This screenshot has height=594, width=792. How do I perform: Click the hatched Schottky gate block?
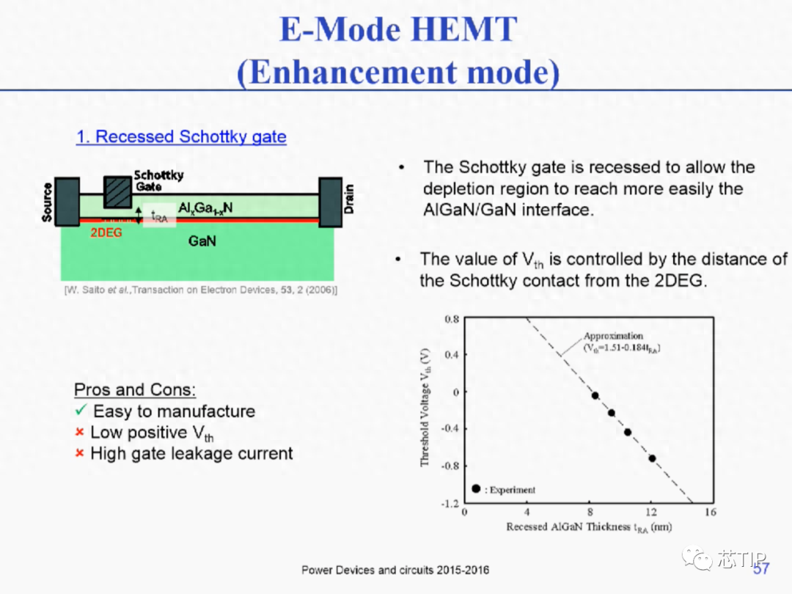[x=117, y=192]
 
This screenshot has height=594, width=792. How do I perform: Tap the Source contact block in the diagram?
[x=67, y=202]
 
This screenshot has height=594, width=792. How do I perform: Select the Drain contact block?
[x=330, y=202]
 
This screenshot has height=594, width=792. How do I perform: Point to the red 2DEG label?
[x=106, y=233]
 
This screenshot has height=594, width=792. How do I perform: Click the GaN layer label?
[x=202, y=241]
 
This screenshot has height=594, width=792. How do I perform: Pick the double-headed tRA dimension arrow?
[x=139, y=215]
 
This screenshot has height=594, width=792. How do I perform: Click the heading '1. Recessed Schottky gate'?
[x=181, y=136]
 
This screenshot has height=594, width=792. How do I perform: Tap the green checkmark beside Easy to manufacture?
[x=81, y=410]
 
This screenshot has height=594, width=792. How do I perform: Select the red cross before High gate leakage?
[x=79, y=453]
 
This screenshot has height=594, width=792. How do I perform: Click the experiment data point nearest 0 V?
[x=595, y=395]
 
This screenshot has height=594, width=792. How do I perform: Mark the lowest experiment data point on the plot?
[x=652, y=458]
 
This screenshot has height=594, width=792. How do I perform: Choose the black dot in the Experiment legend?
[x=476, y=488]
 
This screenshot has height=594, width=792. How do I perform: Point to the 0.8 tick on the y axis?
[x=452, y=319]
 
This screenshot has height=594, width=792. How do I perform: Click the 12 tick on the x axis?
[x=652, y=512]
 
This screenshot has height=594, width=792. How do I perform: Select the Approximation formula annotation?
[x=622, y=342]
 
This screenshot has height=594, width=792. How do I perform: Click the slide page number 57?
[x=761, y=569]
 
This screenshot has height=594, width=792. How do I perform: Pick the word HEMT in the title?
[x=463, y=29]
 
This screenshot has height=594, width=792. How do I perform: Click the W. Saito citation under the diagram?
[x=200, y=290]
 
